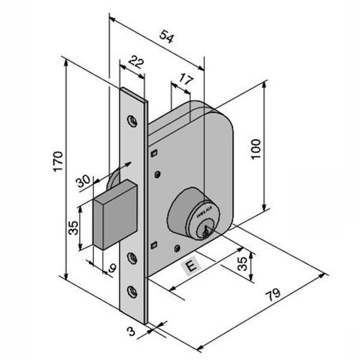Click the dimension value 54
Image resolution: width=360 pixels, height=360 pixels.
167,37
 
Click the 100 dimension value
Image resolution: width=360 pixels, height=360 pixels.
256,147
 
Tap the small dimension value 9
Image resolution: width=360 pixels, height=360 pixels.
111,268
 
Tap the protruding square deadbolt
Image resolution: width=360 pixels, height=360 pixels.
116,216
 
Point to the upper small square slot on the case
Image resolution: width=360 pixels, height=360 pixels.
154,154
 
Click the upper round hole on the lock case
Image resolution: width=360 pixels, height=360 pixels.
158,175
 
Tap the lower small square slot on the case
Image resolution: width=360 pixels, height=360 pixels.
154,244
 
